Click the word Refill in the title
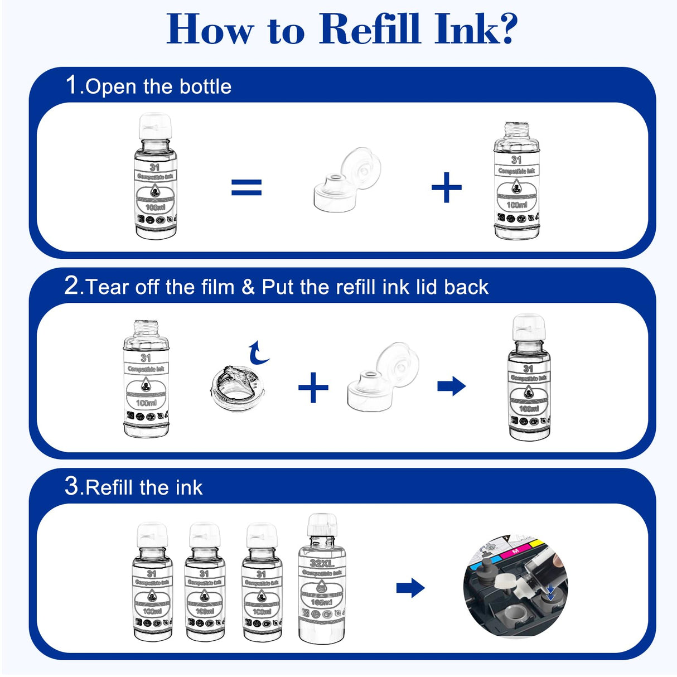point(369,29)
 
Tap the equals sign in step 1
point(246,187)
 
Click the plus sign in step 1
point(447,187)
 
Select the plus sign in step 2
point(313,387)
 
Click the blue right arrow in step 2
point(451,386)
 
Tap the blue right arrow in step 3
point(410,588)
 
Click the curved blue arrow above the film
point(258,353)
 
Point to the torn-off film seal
point(236,385)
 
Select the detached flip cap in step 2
point(381,377)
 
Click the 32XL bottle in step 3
point(322,580)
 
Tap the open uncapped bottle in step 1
point(516,181)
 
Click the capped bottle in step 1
point(155,177)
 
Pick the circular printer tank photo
point(515,587)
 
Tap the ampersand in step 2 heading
point(248,287)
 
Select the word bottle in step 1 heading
point(205,86)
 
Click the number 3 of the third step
point(72,486)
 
